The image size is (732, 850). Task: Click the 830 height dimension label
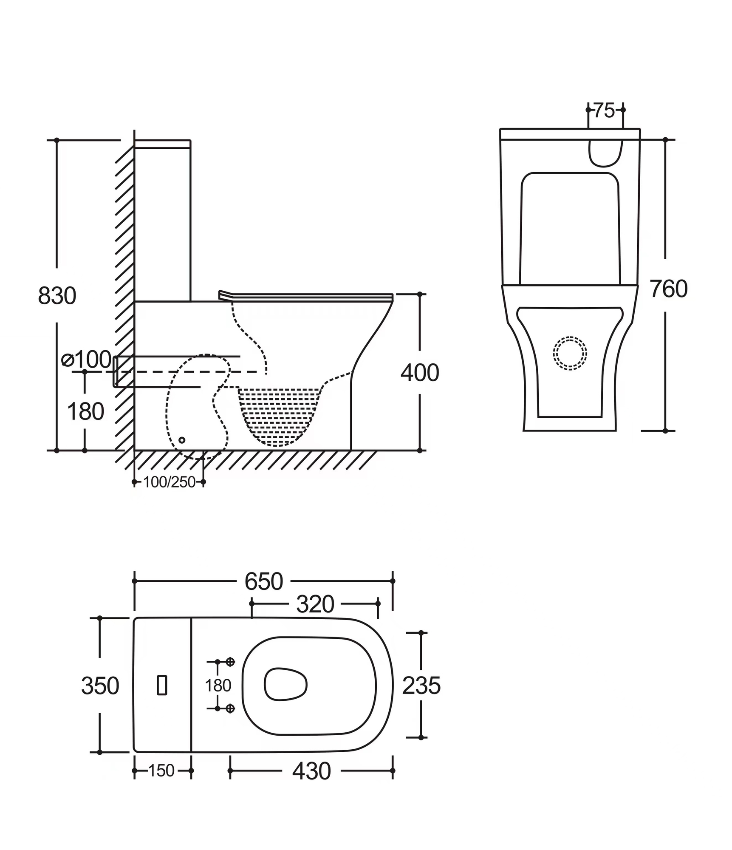tap(57, 295)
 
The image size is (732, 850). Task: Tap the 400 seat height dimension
tap(419, 373)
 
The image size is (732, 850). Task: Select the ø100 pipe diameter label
tap(87, 360)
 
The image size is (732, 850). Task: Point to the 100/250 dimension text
tap(169, 482)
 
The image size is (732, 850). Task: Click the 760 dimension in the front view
tap(668, 289)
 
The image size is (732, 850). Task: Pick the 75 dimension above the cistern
tap(604, 110)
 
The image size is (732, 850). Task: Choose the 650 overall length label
tap(263, 581)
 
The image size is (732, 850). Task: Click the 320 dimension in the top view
tap(315, 604)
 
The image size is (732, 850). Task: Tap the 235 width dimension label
tap(421, 686)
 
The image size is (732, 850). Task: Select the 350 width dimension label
tap(100, 686)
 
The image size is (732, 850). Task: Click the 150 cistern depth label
tap(161, 771)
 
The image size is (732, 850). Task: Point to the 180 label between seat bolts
tap(218, 686)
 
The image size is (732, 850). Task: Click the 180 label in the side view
tap(85, 411)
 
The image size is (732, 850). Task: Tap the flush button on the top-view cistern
tap(162, 685)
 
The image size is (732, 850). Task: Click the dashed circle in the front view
tap(570, 353)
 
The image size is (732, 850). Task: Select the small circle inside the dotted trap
tap(182, 440)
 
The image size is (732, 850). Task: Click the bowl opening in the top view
tap(285, 684)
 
